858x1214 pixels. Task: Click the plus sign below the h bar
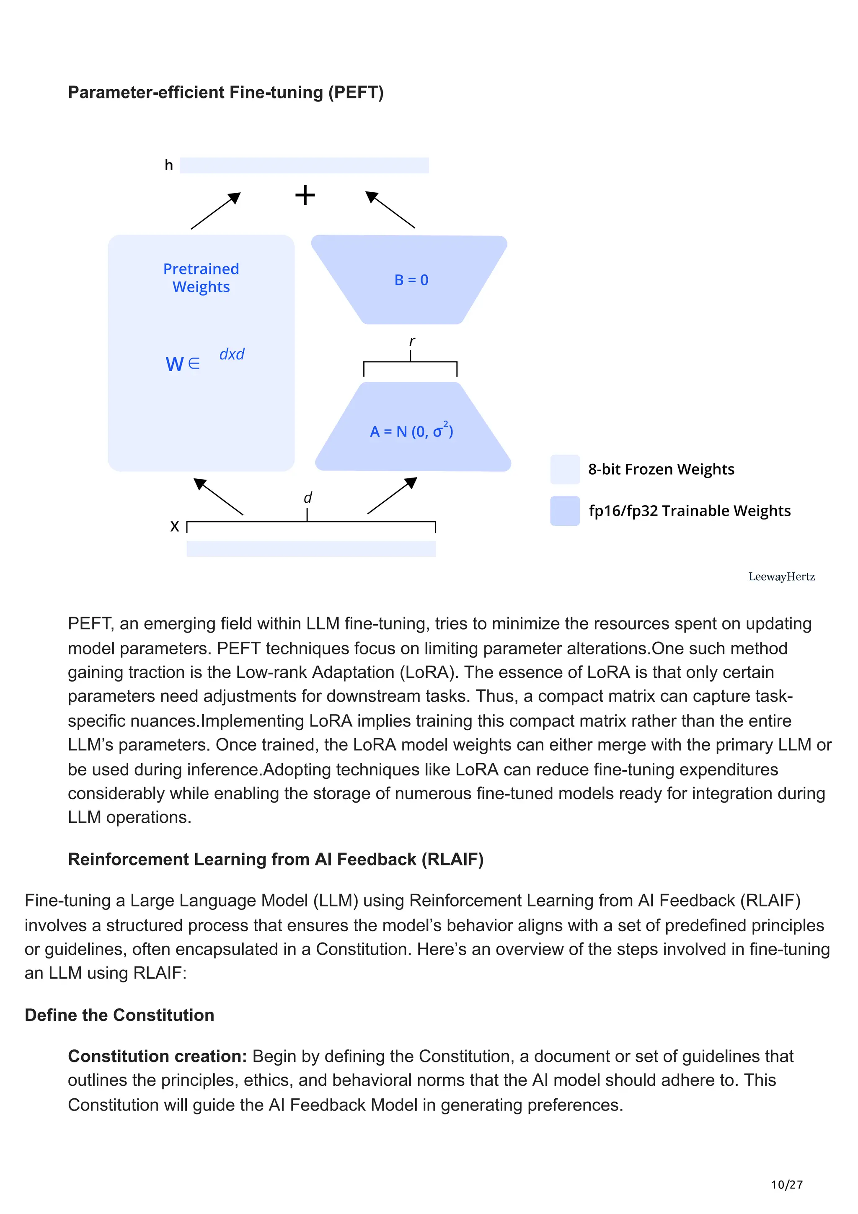305,195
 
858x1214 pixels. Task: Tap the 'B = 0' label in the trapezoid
411,280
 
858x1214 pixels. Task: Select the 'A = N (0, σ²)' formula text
411,431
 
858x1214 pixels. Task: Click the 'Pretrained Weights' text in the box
201,278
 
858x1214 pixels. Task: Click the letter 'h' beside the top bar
169,165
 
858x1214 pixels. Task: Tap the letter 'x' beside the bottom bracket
174,526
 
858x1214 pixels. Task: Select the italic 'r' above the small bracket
412,341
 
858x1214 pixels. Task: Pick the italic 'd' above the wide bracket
308,498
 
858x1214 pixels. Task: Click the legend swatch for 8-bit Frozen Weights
565,469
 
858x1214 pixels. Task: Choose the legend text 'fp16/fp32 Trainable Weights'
689,511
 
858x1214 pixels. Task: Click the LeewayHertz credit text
781,576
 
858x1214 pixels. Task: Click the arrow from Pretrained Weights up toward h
216,210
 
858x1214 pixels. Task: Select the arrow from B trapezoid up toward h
390,209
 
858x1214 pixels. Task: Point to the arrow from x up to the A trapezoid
392,496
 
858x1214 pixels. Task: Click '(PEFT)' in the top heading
356,93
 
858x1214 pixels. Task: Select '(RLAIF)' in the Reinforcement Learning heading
452,859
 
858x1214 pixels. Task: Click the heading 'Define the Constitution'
119,1015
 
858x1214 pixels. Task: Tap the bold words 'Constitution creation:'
158,1056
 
